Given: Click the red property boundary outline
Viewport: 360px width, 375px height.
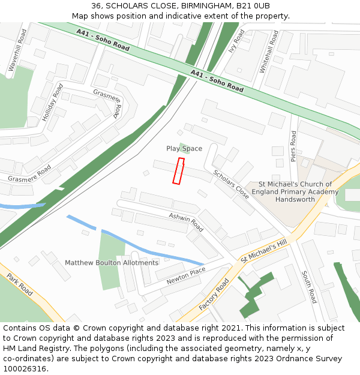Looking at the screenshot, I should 178,171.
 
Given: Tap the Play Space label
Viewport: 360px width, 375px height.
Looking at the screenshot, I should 184,148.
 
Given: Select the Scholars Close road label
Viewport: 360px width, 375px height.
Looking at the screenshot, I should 231,184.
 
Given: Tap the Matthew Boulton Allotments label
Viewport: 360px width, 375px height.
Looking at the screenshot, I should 112,263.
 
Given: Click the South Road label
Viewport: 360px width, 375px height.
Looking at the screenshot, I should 308,287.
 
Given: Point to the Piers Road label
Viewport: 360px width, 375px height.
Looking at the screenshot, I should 293,146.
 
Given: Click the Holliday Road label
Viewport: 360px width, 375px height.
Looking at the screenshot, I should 52,103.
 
